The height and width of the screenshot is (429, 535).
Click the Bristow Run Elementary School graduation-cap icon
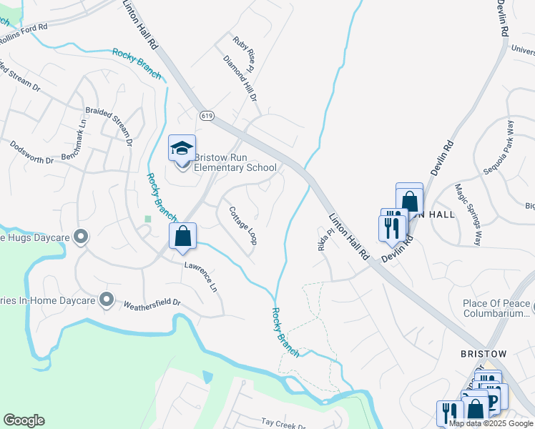click(182, 149)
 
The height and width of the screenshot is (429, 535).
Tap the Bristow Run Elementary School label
click(235, 163)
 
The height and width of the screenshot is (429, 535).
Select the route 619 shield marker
click(207, 115)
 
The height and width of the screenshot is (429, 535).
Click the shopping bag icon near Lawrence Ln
click(183, 236)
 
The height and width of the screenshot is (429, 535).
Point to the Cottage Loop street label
click(242, 226)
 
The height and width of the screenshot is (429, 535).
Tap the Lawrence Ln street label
click(201, 277)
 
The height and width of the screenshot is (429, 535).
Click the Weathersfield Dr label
click(152, 303)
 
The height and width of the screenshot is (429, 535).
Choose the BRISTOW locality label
click(483, 354)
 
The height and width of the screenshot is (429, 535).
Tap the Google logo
click(24, 420)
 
